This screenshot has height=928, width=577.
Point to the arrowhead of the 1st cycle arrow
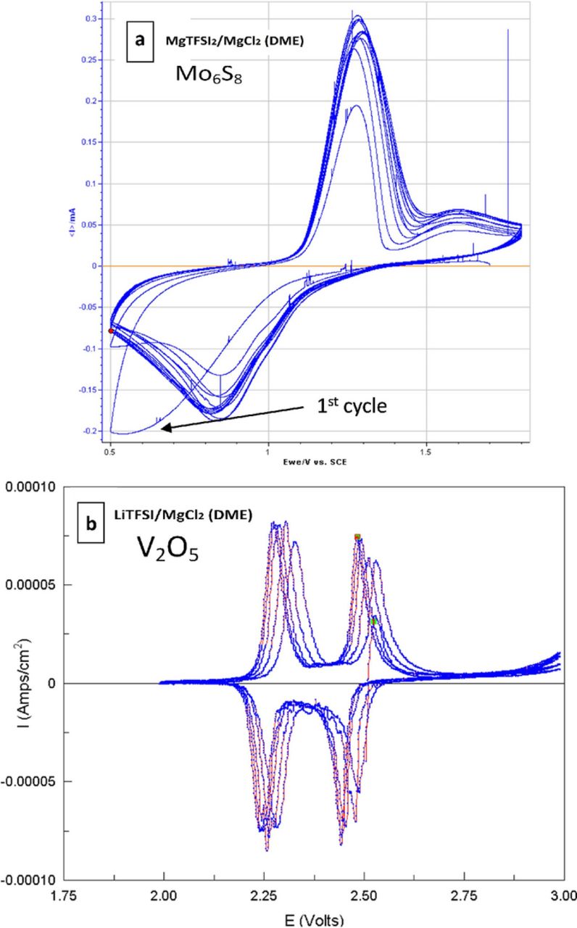click(x=164, y=428)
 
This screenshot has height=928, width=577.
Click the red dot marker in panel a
click(x=111, y=331)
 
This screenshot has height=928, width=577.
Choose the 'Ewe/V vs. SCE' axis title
click(x=320, y=461)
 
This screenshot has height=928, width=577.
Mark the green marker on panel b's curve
click(x=375, y=621)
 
